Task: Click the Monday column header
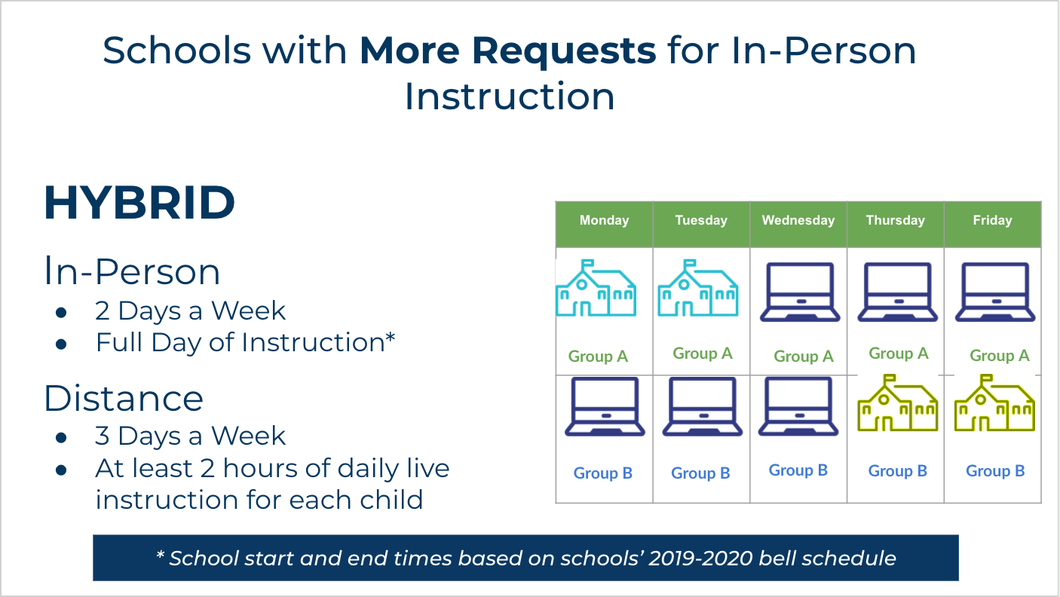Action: [604, 221]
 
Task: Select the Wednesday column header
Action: [798, 221]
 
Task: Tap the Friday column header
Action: [992, 221]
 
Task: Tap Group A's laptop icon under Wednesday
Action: [799, 292]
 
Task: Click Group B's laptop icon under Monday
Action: [605, 407]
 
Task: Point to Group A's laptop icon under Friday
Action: [994, 292]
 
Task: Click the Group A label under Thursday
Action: [898, 354]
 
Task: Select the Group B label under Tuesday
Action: [700, 473]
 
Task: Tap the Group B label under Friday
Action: [995, 471]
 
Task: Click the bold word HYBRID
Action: [139, 203]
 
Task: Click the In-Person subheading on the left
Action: [132, 271]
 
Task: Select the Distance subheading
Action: [124, 398]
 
